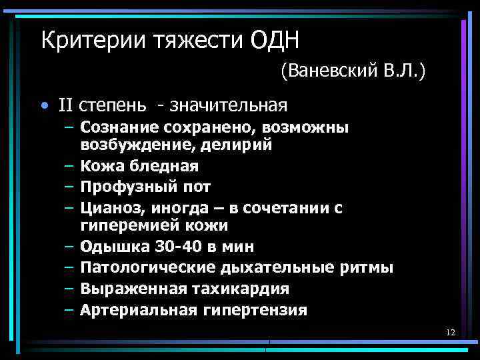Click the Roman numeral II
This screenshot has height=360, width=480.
[65, 105]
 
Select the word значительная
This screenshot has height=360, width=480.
[228, 105]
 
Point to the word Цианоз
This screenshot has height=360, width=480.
[107, 207]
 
